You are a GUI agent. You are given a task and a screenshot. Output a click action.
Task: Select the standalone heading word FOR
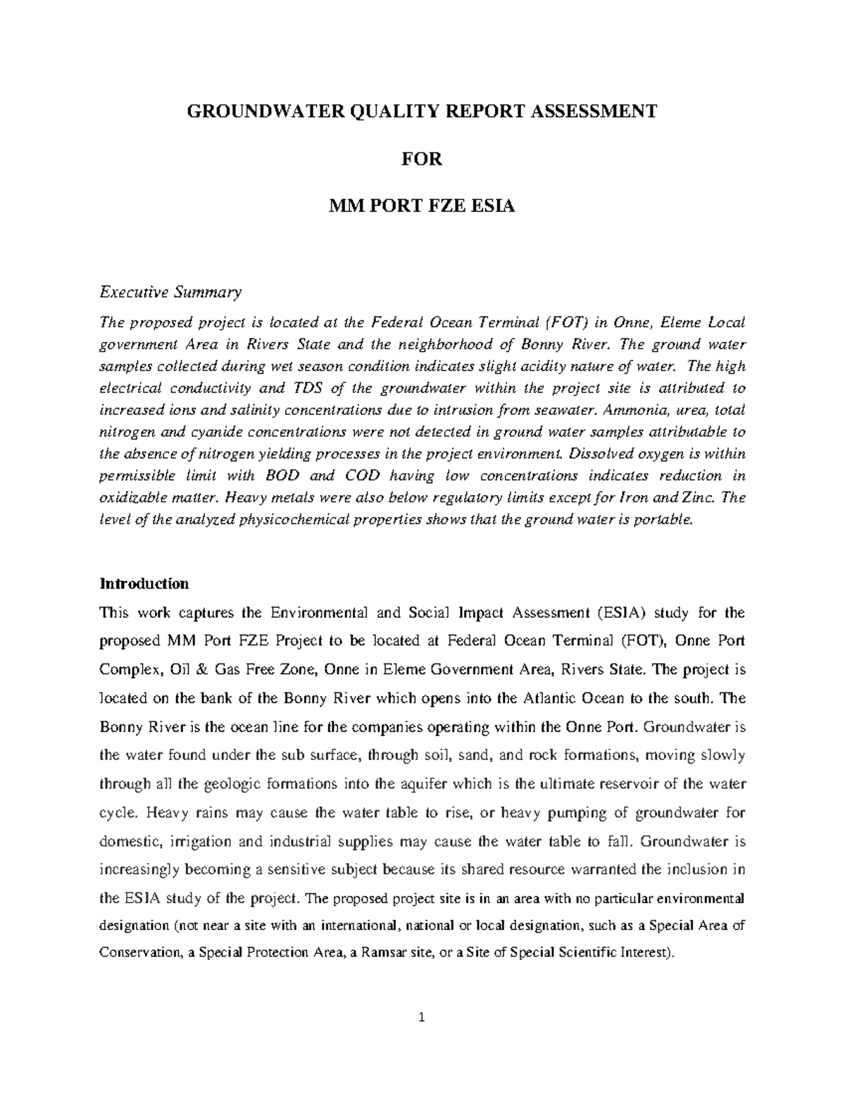pos(421,159)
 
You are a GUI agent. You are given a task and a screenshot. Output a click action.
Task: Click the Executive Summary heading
pos(170,292)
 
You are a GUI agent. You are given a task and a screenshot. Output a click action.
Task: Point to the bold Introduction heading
pos(144,584)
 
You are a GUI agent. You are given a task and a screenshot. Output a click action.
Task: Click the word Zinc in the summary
pos(699,497)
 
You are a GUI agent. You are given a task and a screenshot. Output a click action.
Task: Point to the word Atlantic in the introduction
pos(550,699)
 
